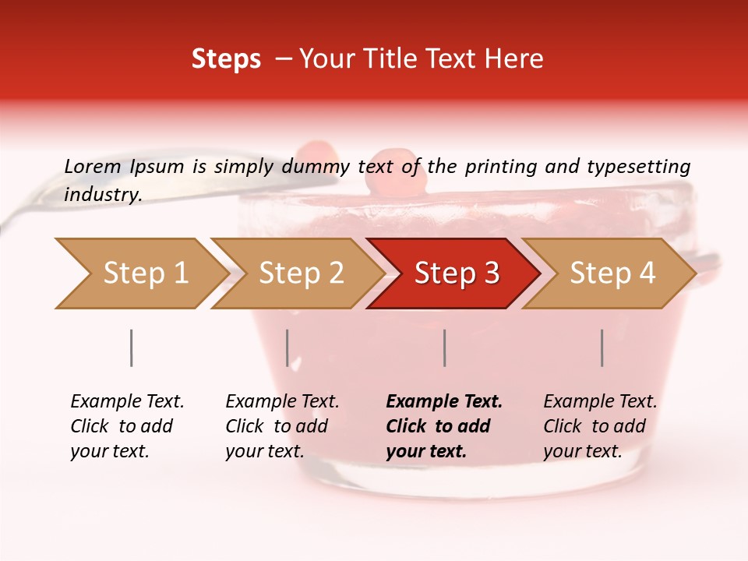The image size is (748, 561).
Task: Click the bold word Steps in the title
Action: point(226,59)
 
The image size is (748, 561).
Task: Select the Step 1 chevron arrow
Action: point(140,273)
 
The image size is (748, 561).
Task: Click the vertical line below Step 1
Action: point(132,348)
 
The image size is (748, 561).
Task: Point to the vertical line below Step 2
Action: point(288,348)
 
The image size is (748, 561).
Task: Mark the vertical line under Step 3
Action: point(445,348)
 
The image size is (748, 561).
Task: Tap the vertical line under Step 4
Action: point(602,348)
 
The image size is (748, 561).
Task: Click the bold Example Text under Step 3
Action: point(444,402)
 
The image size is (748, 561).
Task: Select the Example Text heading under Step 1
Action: point(127,402)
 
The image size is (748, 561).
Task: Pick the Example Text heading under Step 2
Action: point(282,402)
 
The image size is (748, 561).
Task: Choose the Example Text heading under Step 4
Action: point(600,402)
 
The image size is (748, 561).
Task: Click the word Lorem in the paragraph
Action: point(92,166)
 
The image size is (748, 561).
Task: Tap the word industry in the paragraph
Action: point(103,195)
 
